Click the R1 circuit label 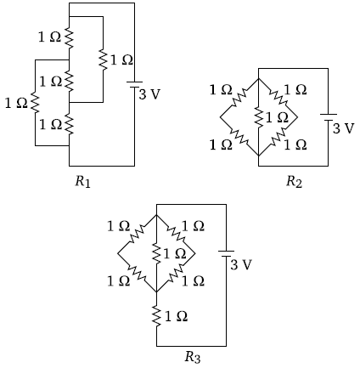(82, 182)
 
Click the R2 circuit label (294, 182)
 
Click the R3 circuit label (193, 357)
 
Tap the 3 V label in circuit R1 (149, 94)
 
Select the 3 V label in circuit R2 (343, 128)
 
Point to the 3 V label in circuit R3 (241, 264)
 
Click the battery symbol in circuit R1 (134, 84)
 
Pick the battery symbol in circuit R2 (329, 117)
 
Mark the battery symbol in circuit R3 (226, 253)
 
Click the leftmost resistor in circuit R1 (36, 103)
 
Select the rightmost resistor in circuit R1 (103, 59)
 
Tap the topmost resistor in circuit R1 (70, 37)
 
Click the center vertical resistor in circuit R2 (259, 116)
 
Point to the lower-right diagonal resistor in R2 (278, 137)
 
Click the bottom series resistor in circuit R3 (156, 315)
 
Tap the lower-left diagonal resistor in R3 (138, 273)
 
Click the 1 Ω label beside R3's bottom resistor (176, 316)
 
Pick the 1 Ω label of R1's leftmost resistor (16, 103)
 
